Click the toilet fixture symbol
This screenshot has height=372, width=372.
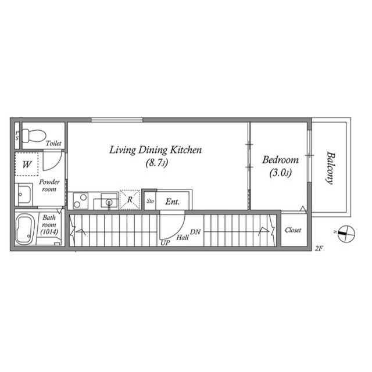pos(34,135)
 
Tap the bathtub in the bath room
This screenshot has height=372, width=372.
pos(24,230)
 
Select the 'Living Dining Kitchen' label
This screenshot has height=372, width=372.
pos(155,150)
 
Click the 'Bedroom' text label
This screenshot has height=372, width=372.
pos(280,160)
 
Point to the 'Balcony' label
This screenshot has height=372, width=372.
pos(331,168)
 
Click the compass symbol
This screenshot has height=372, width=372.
pos(346,234)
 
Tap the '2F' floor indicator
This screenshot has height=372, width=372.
pos(319,248)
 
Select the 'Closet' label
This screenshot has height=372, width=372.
pos(293,230)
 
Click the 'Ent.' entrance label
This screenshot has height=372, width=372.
pos(173,202)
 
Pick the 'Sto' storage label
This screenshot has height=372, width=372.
pos(150,201)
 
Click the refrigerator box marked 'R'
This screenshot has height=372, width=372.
pos(130,200)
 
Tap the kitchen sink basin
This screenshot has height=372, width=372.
pos(109,201)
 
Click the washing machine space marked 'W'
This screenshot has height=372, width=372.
pos(27,164)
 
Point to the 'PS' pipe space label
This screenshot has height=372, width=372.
pos(17,135)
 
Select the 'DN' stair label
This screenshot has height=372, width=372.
pos(195,232)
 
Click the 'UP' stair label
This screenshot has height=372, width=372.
pos(165,243)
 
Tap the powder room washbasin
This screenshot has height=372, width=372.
pos(24,195)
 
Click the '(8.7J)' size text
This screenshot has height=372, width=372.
pos(157,163)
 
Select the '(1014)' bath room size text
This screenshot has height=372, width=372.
pos(49,232)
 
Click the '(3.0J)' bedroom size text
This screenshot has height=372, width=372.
pos(280,173)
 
